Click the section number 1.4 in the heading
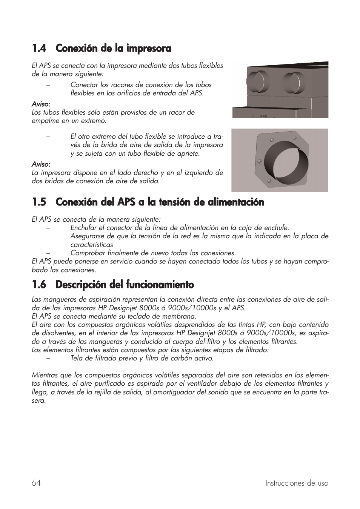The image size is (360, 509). pyautogui.click(x=39, y=48)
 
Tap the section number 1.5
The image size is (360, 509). pyautogui.click(x=39, y=202)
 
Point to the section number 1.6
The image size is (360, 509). pyautogui.click(x=39, y=284)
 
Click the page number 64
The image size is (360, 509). pyautogui.click(x=36, y=483)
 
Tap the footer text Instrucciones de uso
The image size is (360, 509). pyautogui.click(x=297, y=483)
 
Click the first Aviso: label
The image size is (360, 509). pyautogui.click(x=41, y=104)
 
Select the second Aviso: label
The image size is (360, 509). pyautogui.click(x=41, y=164)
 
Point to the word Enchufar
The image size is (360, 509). pyautogui.click(x=83, y=228)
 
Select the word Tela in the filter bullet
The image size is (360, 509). pyautogui.click(x=77, y=358)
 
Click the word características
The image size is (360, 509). pyautogui.click(x=92, y=245)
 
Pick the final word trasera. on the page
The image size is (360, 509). pyautogui.click(x=38, y=400)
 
